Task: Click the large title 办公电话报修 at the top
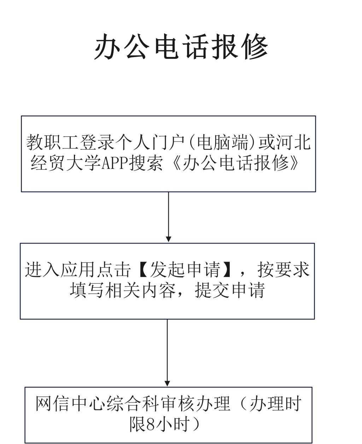pyautogui.click(x=181, y=47)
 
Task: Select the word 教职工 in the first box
pyautogui.click(x=53, y=143)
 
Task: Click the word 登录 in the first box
pyautogui.click(x=97, y=143)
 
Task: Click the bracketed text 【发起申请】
pyautogui.click(x=185, y=270)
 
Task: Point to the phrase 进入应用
pyautogui.click(x=59, y=270)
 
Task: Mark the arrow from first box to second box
pyautogui.click(x=168, y=217)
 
